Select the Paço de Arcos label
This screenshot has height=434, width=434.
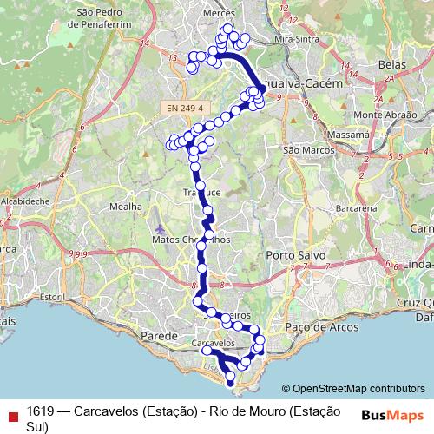310,326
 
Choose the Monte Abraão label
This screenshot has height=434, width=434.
381,115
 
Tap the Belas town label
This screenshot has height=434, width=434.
392,65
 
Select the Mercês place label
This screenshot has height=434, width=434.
218,14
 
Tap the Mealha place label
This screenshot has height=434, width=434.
126,207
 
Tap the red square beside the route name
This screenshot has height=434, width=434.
10,414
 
